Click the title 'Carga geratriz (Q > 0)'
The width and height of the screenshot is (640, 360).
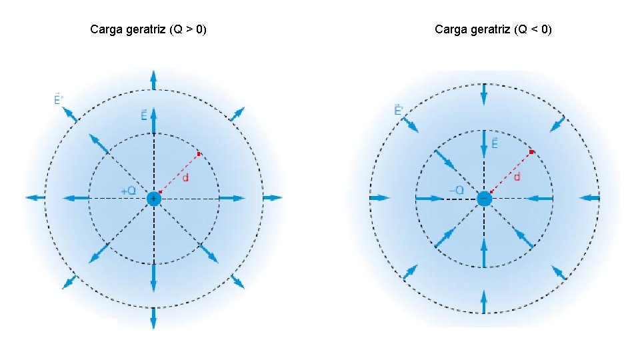coord(148,29)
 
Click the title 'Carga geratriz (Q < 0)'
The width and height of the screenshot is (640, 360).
coord(493,29)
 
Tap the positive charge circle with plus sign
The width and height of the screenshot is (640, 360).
coord(154,198)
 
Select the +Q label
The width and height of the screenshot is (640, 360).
coord(129,191)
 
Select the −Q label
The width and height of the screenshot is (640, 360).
coord(458,191)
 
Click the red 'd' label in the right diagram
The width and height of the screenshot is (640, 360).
coord(517,177)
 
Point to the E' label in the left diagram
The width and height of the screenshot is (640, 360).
coord(59,100)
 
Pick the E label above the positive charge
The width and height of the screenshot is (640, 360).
coord(144,116)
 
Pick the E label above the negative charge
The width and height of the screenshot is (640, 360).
coord(495,143)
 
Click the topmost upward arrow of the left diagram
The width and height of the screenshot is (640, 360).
coord(154,80)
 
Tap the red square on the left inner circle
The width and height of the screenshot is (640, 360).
coord(199,154)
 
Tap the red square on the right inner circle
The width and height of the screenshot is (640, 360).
coord(531,152)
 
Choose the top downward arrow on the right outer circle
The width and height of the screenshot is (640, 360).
coord(485,94)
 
